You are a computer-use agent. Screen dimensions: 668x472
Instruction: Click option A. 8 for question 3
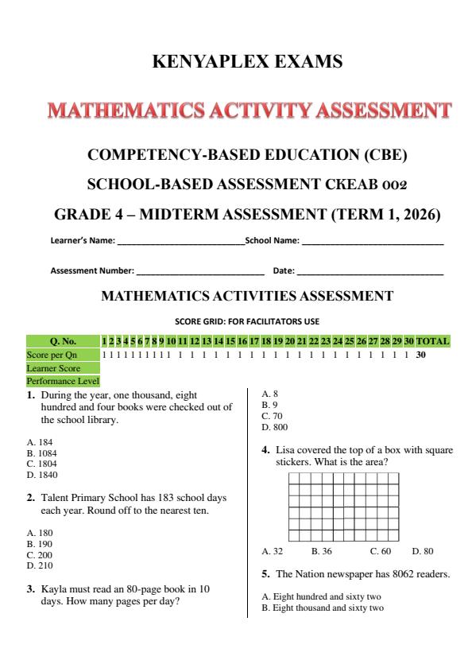point(269,393)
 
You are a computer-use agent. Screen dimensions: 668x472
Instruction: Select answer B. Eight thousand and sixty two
point(323,608)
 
